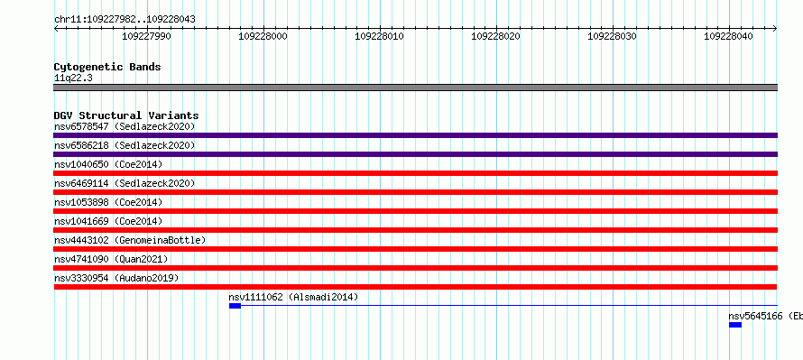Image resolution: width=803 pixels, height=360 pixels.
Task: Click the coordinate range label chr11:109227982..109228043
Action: [x=125, y=20]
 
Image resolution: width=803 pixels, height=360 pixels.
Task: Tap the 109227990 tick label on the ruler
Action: [x=146, y=36]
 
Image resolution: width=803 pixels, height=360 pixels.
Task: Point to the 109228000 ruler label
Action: [x=263, y=36]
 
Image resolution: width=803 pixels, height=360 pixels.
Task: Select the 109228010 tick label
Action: [x=379, y=36]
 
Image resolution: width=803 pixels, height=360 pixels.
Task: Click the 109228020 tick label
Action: [x=495, y=36]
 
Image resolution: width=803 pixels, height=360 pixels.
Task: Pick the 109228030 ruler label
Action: [x=612, y=36]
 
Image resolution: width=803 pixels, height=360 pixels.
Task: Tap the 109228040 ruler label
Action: [x=728, y=36]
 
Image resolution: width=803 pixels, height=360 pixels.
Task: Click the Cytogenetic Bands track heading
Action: [x=107, y=67]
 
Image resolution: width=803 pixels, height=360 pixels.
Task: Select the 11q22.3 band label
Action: [x=73, y=78]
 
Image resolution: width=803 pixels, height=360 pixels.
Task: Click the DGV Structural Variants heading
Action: [x=126, y=115]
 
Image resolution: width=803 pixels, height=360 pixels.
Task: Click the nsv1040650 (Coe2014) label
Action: [x=108, y=164]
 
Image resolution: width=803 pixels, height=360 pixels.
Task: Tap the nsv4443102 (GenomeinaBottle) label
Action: [x=130, y=240]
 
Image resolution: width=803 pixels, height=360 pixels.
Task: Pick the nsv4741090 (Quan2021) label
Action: [x=111, y=259]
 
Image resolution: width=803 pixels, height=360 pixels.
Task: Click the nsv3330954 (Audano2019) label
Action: [x=116, y=278]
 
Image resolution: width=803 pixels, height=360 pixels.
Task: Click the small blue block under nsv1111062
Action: [x=235, y=306]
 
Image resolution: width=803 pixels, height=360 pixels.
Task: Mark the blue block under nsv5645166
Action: [x=735, y=325]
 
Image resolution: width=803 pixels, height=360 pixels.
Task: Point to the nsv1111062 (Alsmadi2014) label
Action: [x=293, y=297]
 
